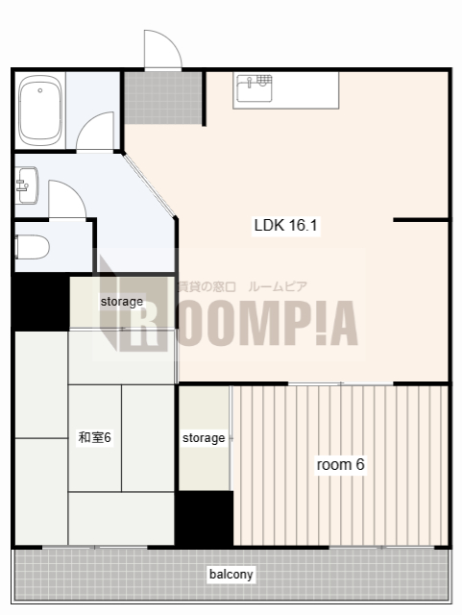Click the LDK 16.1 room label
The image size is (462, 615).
285,225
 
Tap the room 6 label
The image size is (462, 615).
340,464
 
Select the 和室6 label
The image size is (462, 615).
95,437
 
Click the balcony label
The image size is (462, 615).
231,575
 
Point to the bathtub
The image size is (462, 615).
40,111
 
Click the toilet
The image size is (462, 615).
32,247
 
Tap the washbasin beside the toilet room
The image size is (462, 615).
27,185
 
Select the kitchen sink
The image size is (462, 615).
255,88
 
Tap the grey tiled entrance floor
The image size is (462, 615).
163,98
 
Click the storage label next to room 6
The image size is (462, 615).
204,438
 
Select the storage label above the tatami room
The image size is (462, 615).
122,301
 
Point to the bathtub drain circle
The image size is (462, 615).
40,90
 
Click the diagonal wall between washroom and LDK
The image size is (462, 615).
149,184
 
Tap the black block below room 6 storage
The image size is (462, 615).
204,518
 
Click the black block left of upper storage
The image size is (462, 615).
40,302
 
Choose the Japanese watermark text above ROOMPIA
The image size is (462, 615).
242,286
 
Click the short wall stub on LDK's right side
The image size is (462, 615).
422,220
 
